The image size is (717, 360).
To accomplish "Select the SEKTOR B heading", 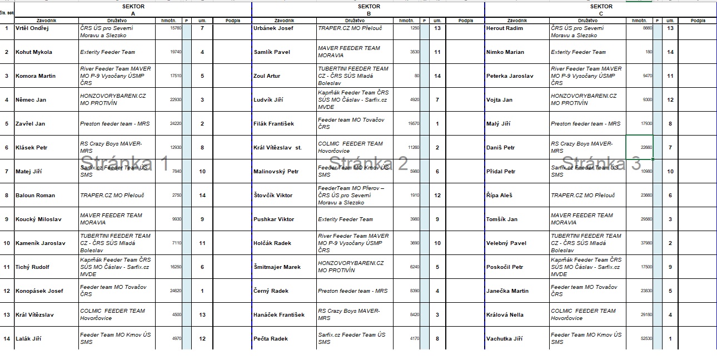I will pyautogui.click(x=369, y=9).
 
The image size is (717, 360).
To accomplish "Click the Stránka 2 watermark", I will pyautogui.click(x=369, y=163).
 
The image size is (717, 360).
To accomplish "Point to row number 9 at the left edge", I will pyautogui.click(x=7, y=219).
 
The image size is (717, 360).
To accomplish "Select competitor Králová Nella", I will pyautogui.click(x=505, y=314).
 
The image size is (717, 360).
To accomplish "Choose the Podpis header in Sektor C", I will pyautogui.click(x=698, y=21).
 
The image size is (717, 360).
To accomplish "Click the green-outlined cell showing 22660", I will pyautogui.click(x=639, y=147).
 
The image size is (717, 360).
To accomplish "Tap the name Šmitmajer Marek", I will pyautogui.click(x=277, y=267).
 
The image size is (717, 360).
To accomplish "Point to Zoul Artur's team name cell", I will pyautogui.click(x=353, y=76).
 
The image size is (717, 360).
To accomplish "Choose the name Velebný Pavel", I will pyautogui.click(x=506, y=243).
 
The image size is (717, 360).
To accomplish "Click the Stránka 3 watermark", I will pyautogui.click(x=601, y=163).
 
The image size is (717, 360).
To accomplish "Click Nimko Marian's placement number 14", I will pyautogui.click(x=670, y=52).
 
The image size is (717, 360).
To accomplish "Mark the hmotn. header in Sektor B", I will pyautogui.click(x=406, y=21).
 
